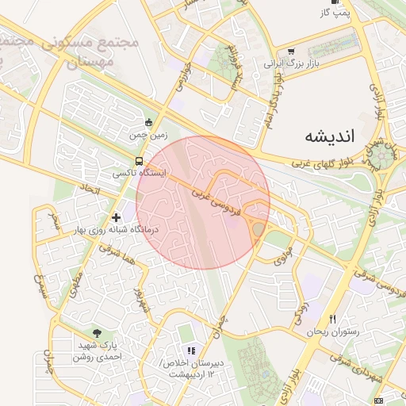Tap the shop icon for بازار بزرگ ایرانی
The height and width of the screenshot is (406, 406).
click(x=291, y=51)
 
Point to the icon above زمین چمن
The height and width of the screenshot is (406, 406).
click(x=149, y=122)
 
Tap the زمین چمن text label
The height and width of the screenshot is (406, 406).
click(x=149, y=136)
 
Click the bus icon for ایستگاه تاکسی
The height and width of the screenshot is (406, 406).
click(x=140, y=161)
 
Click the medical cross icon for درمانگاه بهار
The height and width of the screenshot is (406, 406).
click(x=117, y=216)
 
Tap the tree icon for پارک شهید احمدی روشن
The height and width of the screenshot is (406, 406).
click(x=98, y=334)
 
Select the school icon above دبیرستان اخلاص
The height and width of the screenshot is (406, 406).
click(x=190, y=350)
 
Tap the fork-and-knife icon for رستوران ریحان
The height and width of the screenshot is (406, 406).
click(x=332, y=319)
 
